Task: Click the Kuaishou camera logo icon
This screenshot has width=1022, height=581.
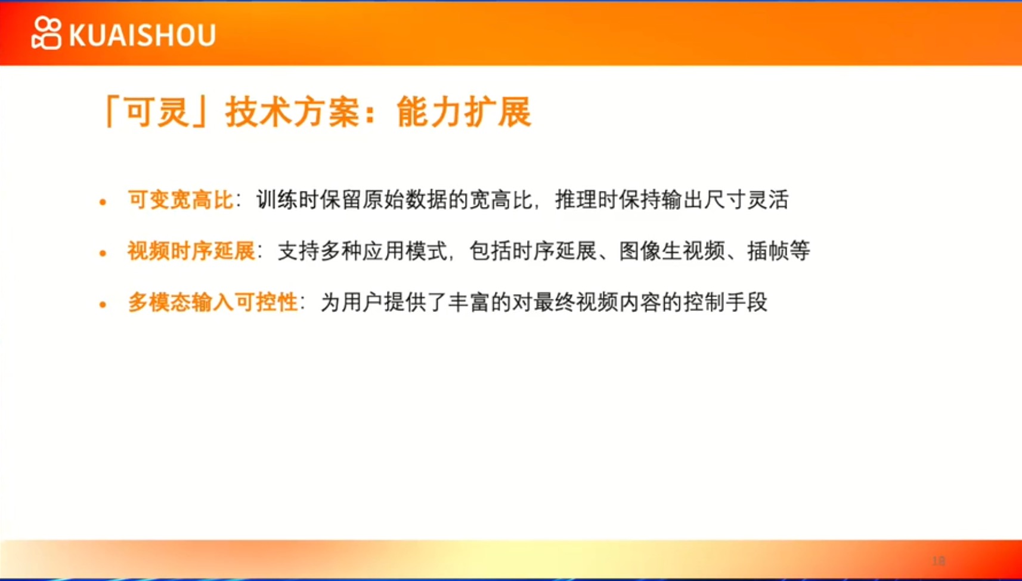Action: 46,33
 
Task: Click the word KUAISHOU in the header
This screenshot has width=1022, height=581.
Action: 143,35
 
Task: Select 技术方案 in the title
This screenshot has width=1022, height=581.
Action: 293,112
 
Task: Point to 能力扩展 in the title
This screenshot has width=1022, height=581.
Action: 464,112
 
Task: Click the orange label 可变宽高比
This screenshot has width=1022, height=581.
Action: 181,200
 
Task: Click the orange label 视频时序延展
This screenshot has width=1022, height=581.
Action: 191,251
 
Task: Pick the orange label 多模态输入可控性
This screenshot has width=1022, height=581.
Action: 213,302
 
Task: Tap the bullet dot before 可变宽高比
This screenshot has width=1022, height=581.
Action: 103,202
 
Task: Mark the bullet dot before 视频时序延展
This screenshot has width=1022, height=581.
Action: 103,253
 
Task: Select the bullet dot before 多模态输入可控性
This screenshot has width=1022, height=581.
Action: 103,304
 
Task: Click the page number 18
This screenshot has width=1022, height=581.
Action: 939,561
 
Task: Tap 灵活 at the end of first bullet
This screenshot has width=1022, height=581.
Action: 768,200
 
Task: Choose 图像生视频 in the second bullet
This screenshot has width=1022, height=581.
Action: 672,251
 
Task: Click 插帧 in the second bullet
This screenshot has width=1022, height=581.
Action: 768,251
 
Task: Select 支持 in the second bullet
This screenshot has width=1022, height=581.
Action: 299,251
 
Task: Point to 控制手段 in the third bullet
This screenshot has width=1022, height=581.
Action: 726,302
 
